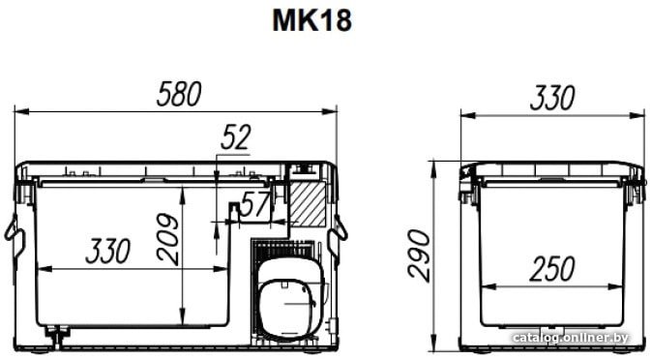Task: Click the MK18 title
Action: pos(311,20)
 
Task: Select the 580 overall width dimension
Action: pos(179,94)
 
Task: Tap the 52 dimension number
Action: pos(236,137)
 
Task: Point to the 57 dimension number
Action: pos(256,204)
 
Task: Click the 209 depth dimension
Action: pos(168,239)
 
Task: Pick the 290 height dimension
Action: pos(419,255)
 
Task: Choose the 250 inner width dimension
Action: pos(552,269)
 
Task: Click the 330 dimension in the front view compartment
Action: pos(108,251)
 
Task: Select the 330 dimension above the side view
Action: pos(552,98)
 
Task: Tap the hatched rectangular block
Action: pos(308,204)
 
